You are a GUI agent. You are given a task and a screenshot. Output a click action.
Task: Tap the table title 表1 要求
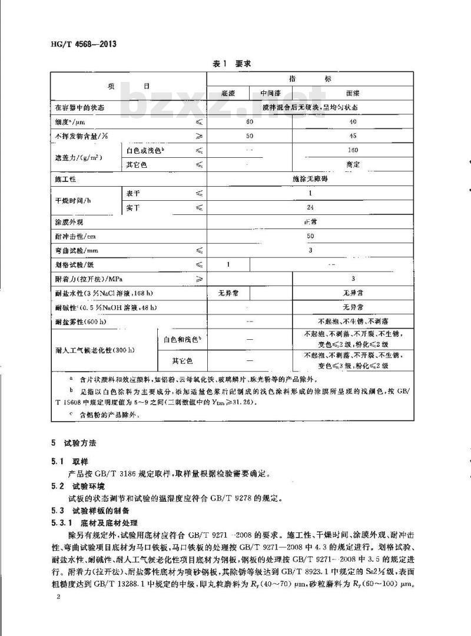231,63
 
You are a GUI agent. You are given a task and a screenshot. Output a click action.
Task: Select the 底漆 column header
228,93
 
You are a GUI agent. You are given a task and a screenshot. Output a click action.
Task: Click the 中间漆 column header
271,93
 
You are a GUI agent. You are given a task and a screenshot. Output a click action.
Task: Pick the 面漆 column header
353,93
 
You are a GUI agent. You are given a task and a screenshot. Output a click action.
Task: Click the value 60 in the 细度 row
250,122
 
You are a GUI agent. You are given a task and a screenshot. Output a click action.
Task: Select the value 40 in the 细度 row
353,122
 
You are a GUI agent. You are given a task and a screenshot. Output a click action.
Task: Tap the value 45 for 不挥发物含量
353,136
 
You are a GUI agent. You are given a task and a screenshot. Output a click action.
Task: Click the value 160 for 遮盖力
353,150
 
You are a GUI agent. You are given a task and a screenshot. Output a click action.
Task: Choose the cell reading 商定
353,164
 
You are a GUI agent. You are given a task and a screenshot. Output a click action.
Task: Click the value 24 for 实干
310,207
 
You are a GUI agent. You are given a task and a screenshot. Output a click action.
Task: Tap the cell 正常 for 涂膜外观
310,221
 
